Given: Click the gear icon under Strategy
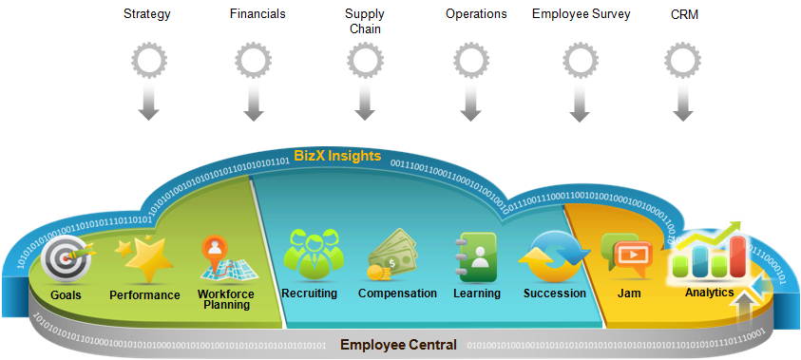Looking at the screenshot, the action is pos(147,62).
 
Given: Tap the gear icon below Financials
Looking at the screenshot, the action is pos(253,62).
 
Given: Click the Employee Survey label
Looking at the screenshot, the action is pos(581,14).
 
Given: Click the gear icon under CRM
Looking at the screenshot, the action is pos(682,62).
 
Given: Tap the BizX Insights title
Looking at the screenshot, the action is pos(337,155).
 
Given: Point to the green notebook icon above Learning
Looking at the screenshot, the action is pos(476,255).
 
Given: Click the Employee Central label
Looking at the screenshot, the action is pos(398,344).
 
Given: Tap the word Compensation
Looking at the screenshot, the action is pos(397,294).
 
